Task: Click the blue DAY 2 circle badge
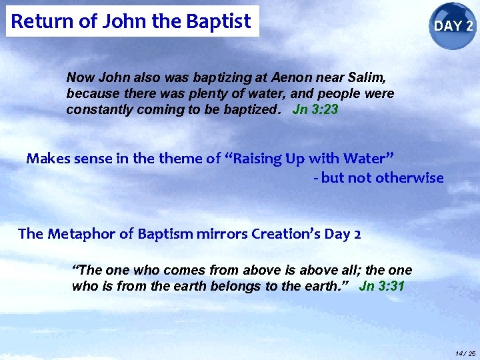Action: click(453, 26)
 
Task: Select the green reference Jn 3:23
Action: click(315, 110)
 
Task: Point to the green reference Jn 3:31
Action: click(381, 287)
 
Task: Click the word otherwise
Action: click(409, 178)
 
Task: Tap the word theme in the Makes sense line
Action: click(182, 159)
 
